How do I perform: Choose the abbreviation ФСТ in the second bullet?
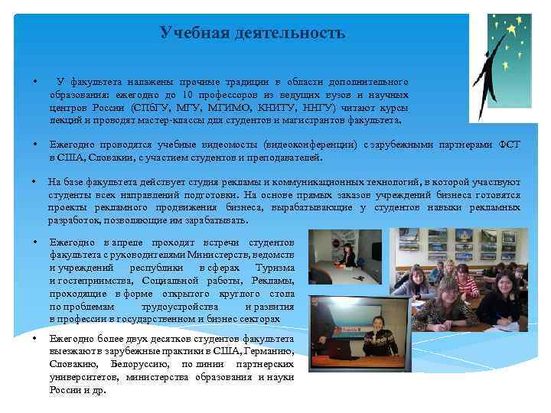[509, 144]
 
